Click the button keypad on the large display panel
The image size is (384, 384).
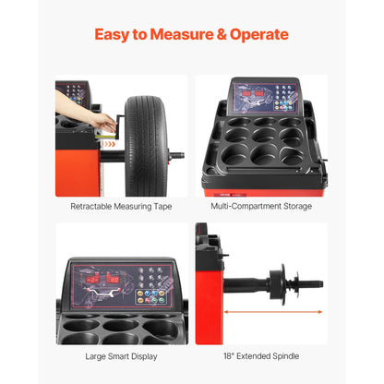150,288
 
